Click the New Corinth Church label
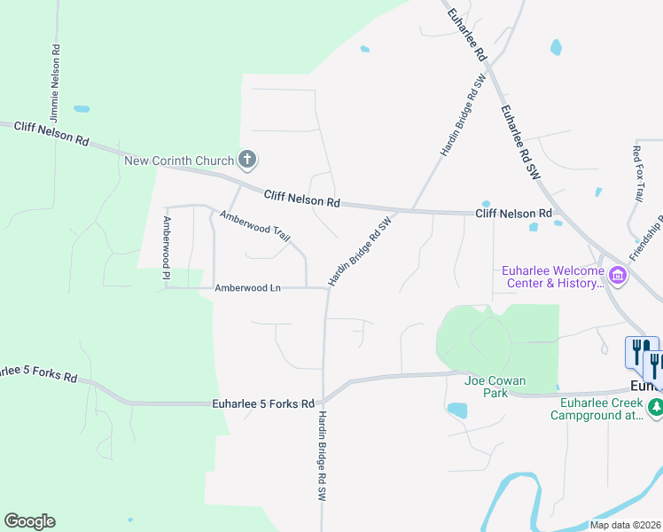pyautogui.click(x=179, y=160)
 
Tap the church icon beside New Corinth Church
pyautogui.click(x=247, y=160)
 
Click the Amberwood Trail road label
pyautogui.click(x=255, y=227)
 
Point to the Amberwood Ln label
pyautogui.click(x=247, y=288)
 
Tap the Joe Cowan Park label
pyautogui.click(x=495, y=387)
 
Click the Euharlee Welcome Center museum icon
pyautogui.click(x=618, y=277)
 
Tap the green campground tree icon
pyautogui.click(x=656, y=408)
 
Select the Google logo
pyautogui.click(x=29, y=521)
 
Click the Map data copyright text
pyautogui.click(x=626, y=525)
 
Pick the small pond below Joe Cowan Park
pyautogui.click(x=457, y=410)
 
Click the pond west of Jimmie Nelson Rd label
pyautogui.click(x=82, y=109)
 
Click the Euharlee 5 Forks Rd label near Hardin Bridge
pyautogui.click(x=264, y=403)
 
